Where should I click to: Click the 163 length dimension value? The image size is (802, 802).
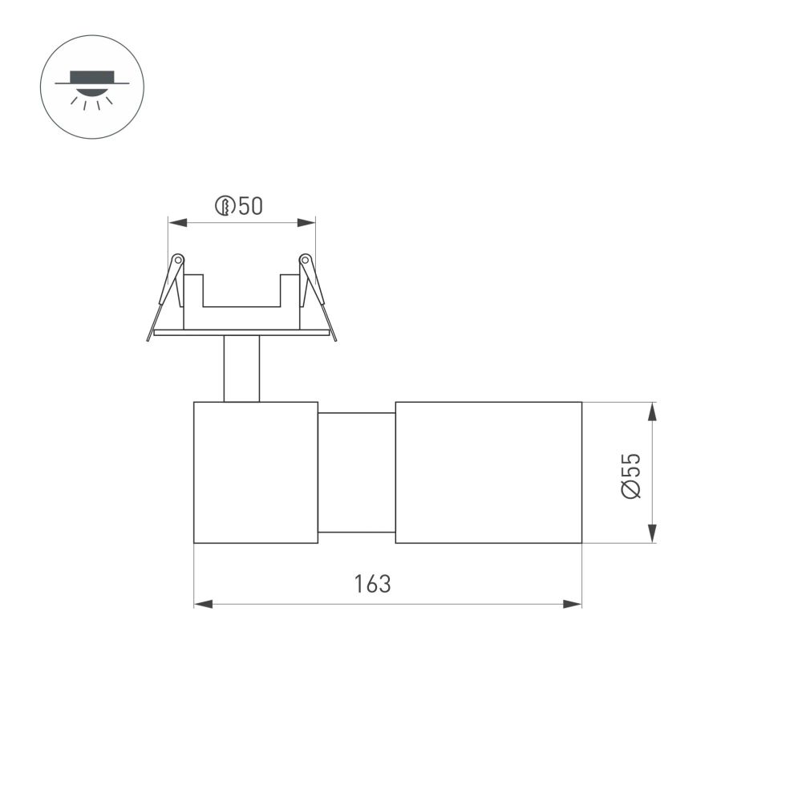373,584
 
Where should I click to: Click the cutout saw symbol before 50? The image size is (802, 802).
225,206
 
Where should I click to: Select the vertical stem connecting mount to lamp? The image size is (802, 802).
241,368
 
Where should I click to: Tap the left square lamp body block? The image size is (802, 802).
256,472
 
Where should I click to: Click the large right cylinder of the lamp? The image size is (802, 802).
488,472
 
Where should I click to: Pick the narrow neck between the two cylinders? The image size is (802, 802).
357,472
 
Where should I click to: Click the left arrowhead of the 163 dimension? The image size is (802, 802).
203,603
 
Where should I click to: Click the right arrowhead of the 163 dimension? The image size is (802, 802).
573,603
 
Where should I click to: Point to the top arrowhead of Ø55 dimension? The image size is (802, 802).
653,411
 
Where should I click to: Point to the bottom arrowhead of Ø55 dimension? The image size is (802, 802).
653,534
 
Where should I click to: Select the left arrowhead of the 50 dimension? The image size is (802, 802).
176,222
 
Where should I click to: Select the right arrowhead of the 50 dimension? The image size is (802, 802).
306,222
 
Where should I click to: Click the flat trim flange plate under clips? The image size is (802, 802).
241,332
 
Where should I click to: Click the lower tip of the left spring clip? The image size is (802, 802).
149,338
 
